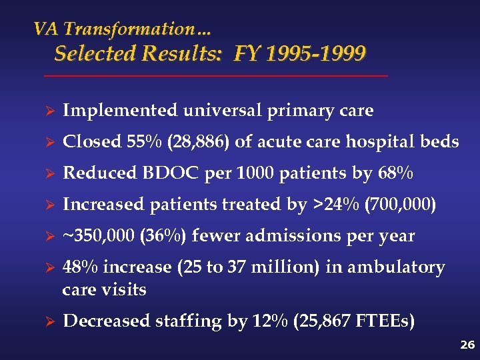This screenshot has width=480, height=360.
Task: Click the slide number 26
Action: coord(466,345)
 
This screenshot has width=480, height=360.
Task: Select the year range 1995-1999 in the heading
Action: coord(315,53)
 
